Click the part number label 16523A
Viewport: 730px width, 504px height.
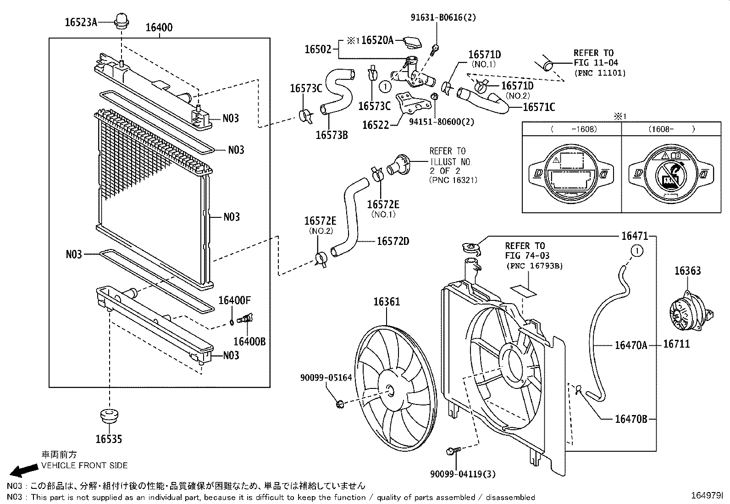81,22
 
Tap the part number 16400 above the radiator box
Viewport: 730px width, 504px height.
159,28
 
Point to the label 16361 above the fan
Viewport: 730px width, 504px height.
386,301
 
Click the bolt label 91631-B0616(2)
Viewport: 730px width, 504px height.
443,17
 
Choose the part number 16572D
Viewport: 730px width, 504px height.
393,241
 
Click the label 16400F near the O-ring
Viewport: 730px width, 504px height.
234,300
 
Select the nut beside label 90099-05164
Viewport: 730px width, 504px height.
340,403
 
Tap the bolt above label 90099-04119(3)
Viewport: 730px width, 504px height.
451,451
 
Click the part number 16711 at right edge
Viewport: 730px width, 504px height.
676,344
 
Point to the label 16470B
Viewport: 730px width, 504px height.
630,419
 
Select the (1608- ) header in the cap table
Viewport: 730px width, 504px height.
671,129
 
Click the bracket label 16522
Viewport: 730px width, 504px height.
375,125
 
